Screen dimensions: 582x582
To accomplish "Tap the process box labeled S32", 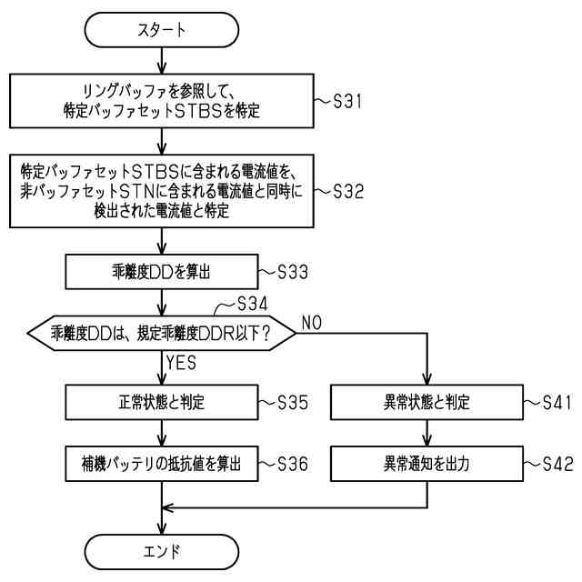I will point(160,193).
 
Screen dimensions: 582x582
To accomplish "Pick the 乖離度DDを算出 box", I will point(160,270).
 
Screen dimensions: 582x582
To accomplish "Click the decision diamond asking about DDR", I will point(162,334).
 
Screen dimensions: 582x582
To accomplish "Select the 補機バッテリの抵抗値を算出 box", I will point(160,463).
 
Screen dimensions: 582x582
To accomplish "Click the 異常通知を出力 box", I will point(425,463).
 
